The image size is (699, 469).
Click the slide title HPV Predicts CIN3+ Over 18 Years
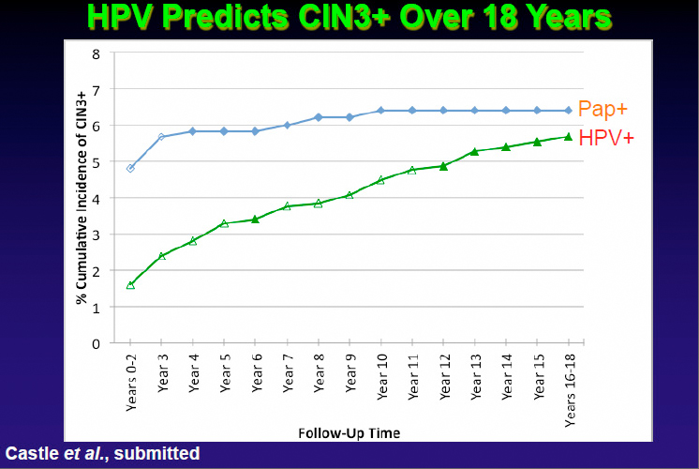pos(349,19)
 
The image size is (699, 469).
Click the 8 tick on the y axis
pos(96,53)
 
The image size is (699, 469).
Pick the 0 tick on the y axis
pos(96,343)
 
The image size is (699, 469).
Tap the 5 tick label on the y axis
pos(96,162)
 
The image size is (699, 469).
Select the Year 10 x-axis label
pos(380,375)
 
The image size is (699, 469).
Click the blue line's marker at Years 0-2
pos(130,169)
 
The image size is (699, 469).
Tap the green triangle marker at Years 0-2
pos(130,284)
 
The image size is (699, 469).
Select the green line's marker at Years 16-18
pos(569,137)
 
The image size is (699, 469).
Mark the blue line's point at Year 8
pos(318,117)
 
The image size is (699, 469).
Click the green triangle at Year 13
pos(474,151)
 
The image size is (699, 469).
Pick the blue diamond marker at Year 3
pos(162,137)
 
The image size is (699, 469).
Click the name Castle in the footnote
pos(27,453)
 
